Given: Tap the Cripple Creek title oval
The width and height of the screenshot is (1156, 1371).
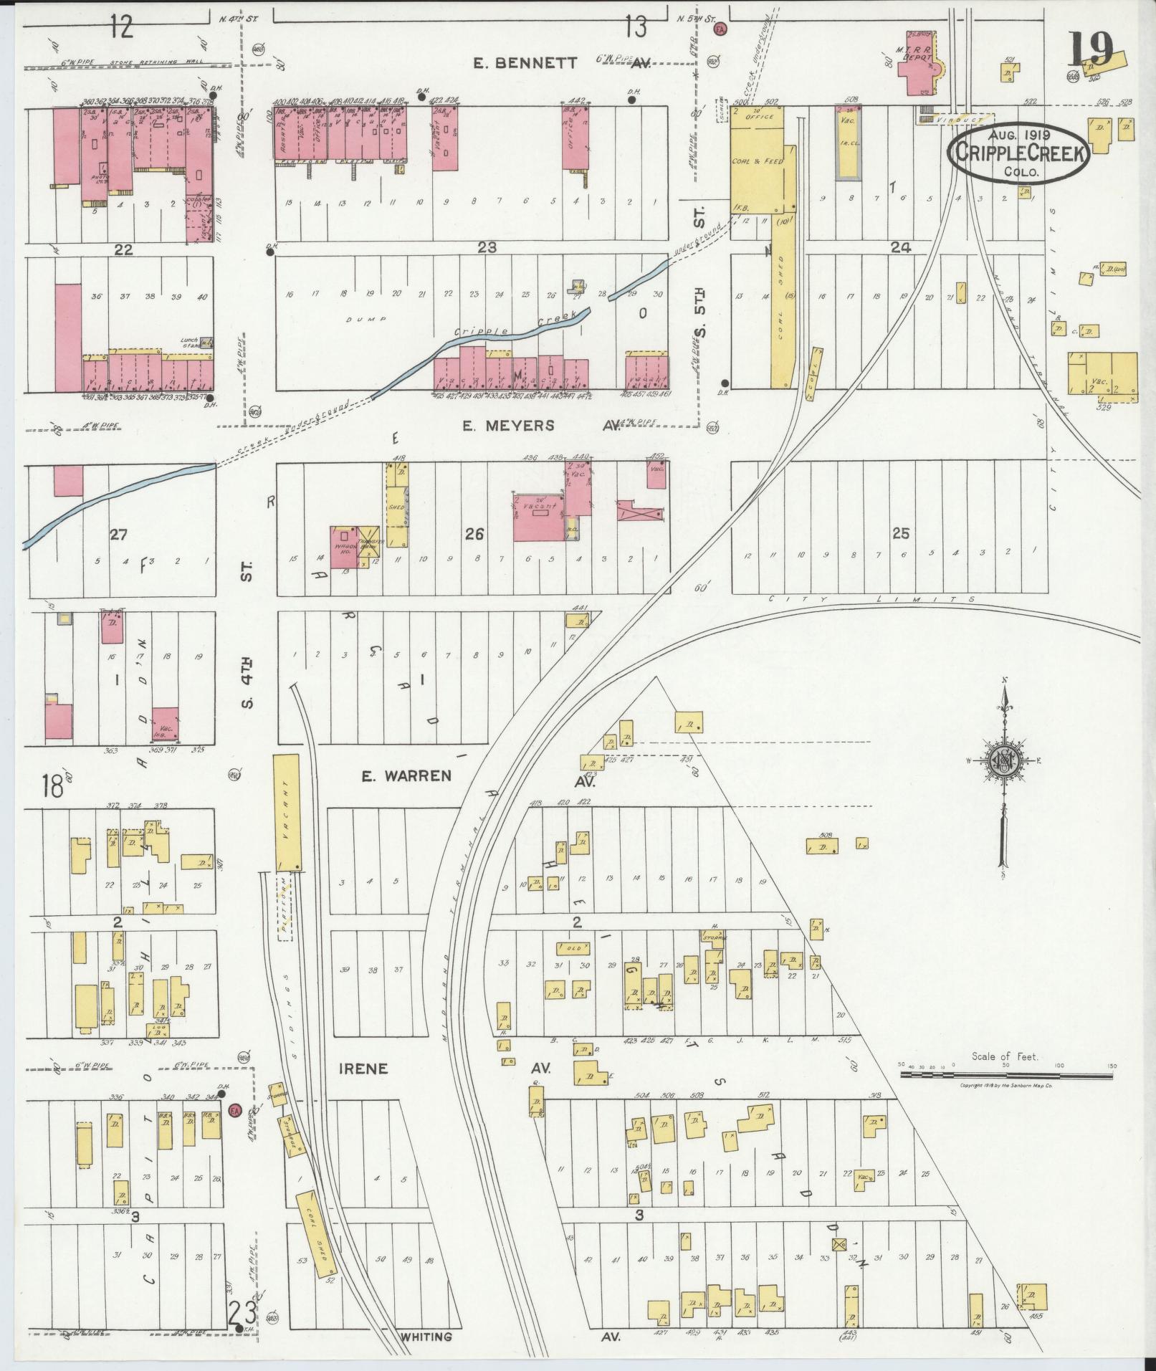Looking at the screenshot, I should click(1019, 152).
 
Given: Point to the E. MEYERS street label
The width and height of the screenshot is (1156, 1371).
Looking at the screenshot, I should click(509, 426).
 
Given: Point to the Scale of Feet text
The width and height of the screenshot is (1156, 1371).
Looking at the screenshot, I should click(1005, 1056).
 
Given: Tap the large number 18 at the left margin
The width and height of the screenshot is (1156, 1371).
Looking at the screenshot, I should click(52, 785).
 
